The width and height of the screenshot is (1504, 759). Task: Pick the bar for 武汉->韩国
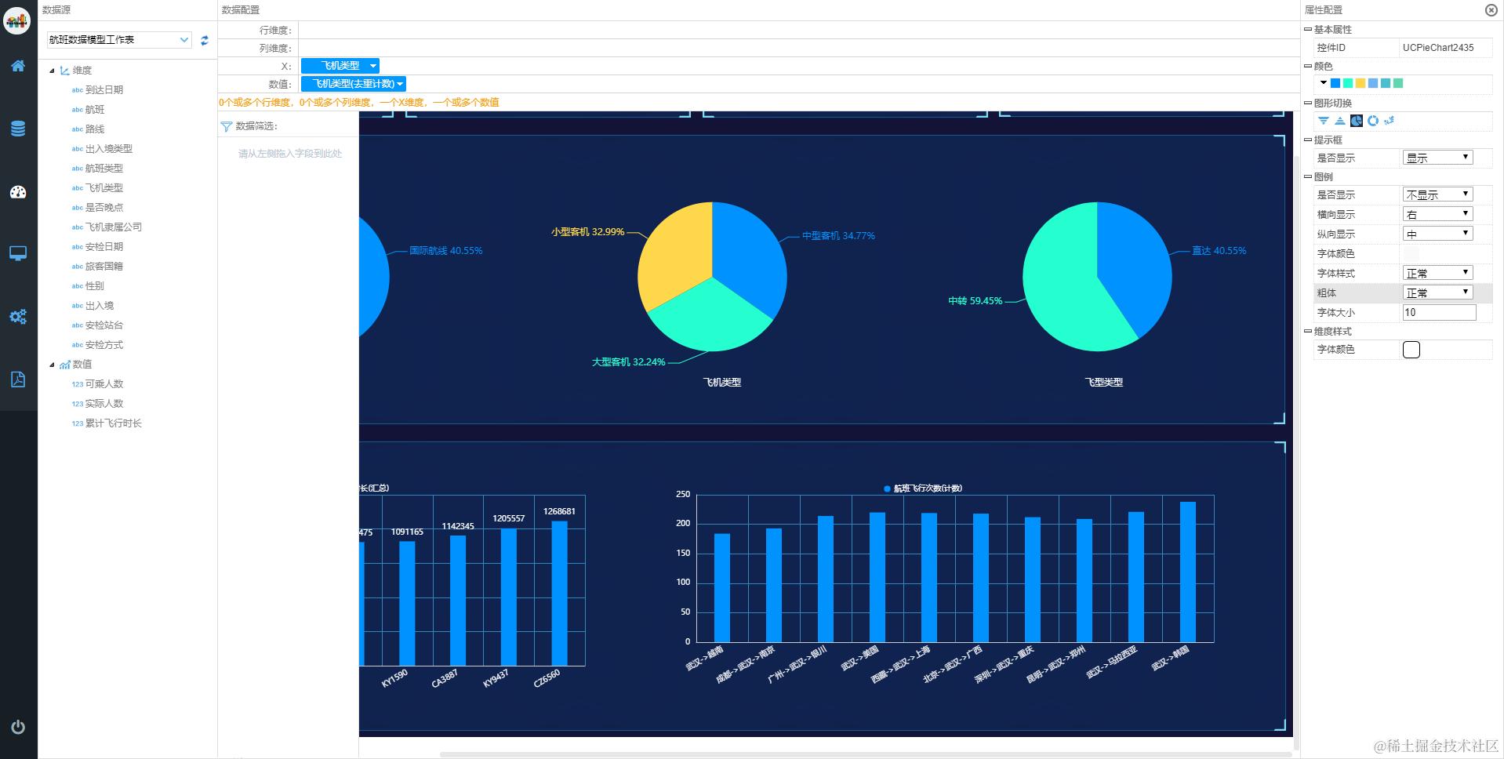point(1187,572)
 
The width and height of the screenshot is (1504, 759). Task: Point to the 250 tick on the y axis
point(683,494)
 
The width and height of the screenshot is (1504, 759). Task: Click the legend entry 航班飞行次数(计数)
point(923,488)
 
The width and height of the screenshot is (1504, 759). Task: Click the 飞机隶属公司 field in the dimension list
point(113,227)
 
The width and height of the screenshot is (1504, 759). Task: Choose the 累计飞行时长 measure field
point(113,423)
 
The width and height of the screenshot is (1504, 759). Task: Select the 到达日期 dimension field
point(104,90)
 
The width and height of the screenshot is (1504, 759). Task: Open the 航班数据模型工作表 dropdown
point(118,40)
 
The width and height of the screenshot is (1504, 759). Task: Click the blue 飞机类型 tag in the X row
point(340,66)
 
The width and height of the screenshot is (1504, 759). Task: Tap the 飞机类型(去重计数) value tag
point(354,84)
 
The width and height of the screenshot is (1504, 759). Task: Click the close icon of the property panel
point(1491,10)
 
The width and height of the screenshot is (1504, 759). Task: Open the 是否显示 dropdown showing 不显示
point(1437,194)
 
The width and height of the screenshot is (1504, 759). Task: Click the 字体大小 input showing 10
point(1438,312)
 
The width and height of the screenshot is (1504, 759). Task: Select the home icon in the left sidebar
point(18,66)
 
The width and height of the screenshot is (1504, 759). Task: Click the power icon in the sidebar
point(18,727)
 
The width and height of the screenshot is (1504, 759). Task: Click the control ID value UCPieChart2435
point(1438,48)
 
